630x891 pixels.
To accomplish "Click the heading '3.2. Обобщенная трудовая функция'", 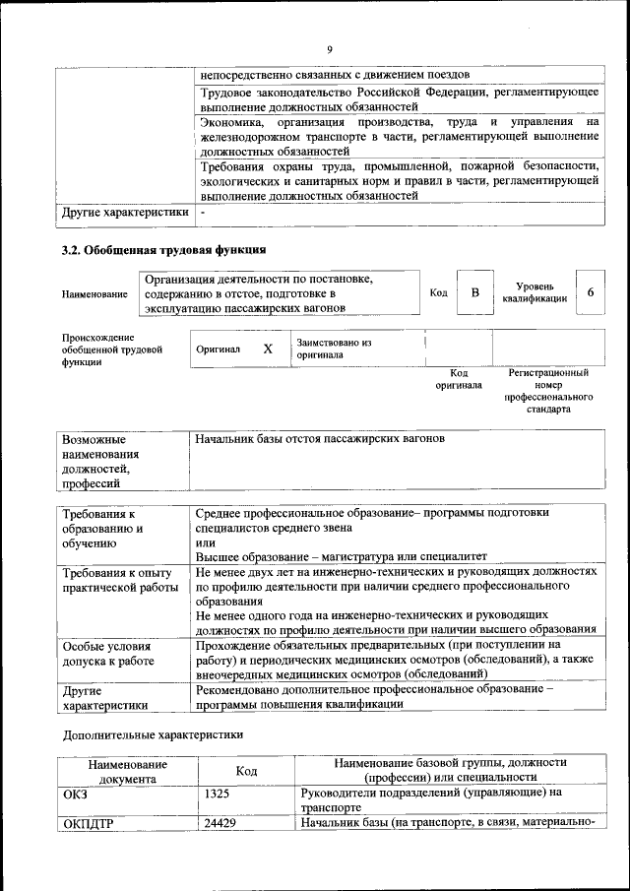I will (163, 250).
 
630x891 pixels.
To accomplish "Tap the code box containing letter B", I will (474, 292).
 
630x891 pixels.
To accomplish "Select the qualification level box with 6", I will (590, 292).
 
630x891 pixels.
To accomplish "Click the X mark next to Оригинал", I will (268, 349).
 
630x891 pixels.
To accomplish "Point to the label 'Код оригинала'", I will (459, 379).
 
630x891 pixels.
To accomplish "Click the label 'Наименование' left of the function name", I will (94, 293).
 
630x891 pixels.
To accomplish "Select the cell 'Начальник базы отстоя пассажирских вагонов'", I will (320, 437).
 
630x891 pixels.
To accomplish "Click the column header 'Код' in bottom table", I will (247, 771).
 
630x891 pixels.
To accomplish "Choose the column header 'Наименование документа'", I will (127, 771).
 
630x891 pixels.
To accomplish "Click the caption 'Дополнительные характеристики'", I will (151, 734).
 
